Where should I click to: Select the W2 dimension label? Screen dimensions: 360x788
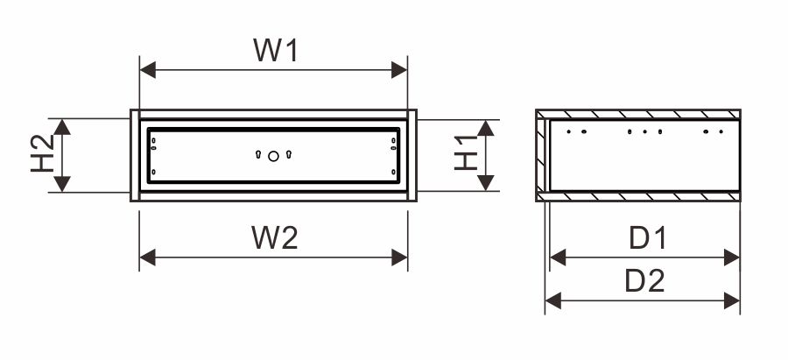click(274, 236)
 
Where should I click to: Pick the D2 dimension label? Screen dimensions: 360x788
click(645, 281)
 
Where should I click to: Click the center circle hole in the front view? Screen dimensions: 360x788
click(273, 156)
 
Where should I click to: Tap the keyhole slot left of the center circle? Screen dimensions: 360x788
click(259, 155)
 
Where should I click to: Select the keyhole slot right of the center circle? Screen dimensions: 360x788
click(288, 155)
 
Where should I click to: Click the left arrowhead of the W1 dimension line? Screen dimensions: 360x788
click(147, 69)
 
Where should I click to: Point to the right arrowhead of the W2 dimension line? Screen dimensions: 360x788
click(400, 258)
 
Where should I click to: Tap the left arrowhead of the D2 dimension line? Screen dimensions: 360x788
click(552, 301)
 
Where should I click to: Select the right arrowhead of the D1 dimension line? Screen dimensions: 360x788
click(733, 258)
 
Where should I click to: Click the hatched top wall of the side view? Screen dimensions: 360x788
click(639, 115)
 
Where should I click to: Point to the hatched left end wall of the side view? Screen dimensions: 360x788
click(541, 156)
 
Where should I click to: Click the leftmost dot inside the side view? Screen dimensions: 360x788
click(569, 132)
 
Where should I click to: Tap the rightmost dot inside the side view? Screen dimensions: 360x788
click(721, 132)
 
